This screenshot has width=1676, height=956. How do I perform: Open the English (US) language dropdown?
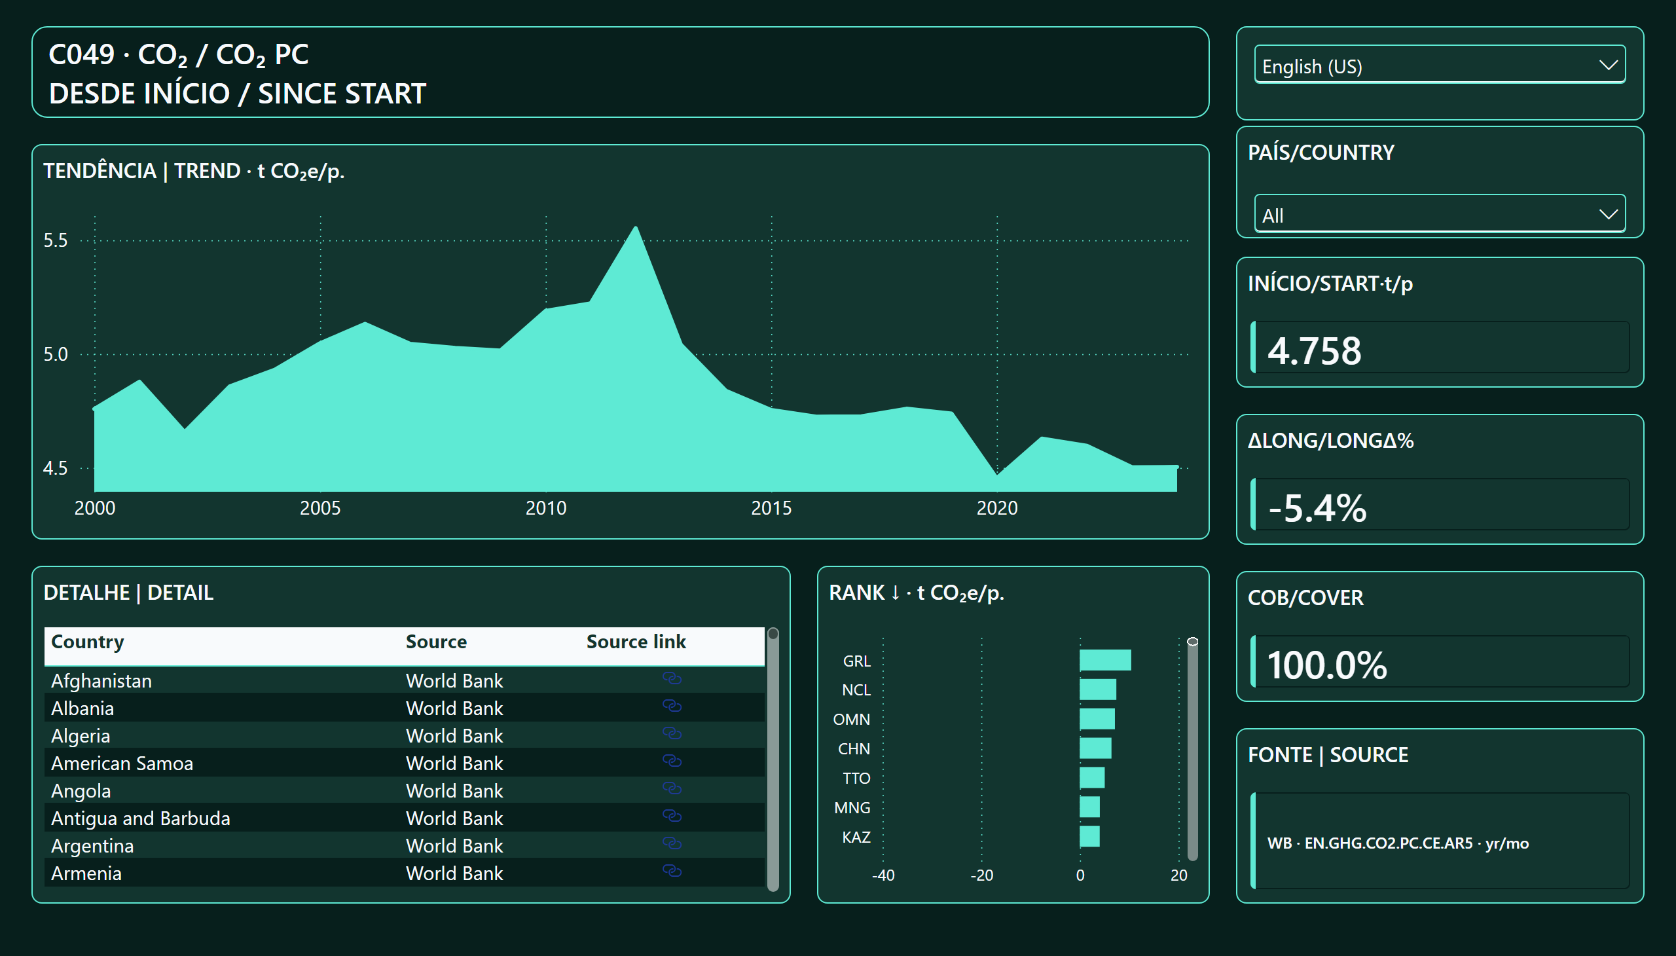(x=1439, y=64)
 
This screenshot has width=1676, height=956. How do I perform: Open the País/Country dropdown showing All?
(x=1439, y=213)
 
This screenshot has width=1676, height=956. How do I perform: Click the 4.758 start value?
(x=1313, y=350)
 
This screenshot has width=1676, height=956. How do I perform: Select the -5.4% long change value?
(x=1317, y=507)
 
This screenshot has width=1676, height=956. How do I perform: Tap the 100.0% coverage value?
(x=1327, y=665)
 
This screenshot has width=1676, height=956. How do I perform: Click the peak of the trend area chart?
(x=636, y=227)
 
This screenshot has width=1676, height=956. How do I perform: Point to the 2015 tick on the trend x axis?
(x=771, y=507)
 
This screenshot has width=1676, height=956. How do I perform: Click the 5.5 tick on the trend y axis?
(x=55, y=240)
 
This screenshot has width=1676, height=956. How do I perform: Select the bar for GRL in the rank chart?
(x=1105, y=660)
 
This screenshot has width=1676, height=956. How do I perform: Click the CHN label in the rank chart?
(x=854, y=748)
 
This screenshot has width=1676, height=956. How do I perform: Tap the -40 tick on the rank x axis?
(x=883, y=875)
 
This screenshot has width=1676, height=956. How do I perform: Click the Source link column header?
(x=636, y=642)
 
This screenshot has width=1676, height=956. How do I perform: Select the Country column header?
(x=87, y=642)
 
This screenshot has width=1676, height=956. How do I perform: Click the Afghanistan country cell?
(x=101, y=681)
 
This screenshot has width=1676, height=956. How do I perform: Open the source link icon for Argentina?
(x=672, y=843)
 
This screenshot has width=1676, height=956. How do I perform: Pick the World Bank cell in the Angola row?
(x=454, y=790)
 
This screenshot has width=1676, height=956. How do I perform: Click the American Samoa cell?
(x=122, y=763)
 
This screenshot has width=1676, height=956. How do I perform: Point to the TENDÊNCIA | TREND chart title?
(x=194, y=172)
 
